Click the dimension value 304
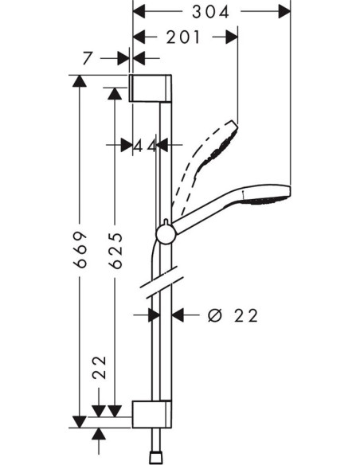point(212,12)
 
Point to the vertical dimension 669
point(78,246)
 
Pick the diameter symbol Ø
point(214,315)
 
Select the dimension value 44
point(144,146)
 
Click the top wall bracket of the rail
point(151,88)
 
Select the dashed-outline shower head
point(216,143)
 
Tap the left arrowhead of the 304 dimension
point(138,12)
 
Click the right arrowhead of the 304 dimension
point(284,12)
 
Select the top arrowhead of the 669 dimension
point(78,80)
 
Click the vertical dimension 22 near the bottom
point(98,365)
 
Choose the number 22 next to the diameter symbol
point(246,315)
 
